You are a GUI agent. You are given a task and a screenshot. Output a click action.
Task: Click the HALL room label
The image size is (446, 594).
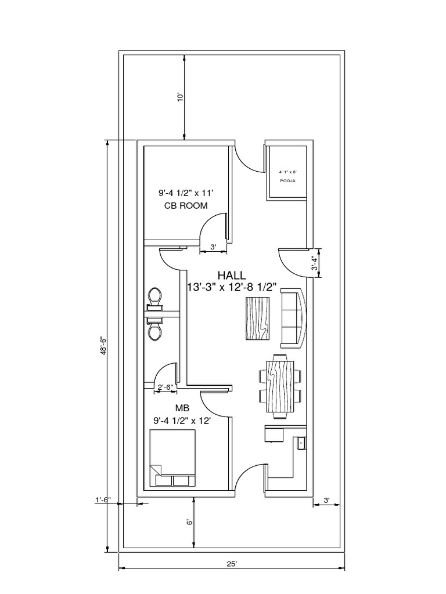pos(232,275)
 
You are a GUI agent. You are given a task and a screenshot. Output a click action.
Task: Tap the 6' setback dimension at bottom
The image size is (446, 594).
pos(189,523)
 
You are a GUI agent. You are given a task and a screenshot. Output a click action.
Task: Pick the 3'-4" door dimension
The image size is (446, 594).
pos(314,263)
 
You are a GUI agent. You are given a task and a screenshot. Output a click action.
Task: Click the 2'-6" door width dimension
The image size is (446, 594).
pos(165,387)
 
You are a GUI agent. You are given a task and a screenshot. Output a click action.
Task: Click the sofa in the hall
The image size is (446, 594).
pos(292,318)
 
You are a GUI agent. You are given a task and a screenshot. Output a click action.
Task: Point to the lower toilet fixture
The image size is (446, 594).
pos(154,331)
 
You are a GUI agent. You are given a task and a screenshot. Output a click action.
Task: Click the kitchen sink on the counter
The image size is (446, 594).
pos(300,444)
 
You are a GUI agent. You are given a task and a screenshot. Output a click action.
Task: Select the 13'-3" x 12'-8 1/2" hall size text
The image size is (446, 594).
pos(232,287)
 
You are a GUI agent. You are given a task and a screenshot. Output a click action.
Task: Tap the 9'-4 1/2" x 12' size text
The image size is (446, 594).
pos(182,420)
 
